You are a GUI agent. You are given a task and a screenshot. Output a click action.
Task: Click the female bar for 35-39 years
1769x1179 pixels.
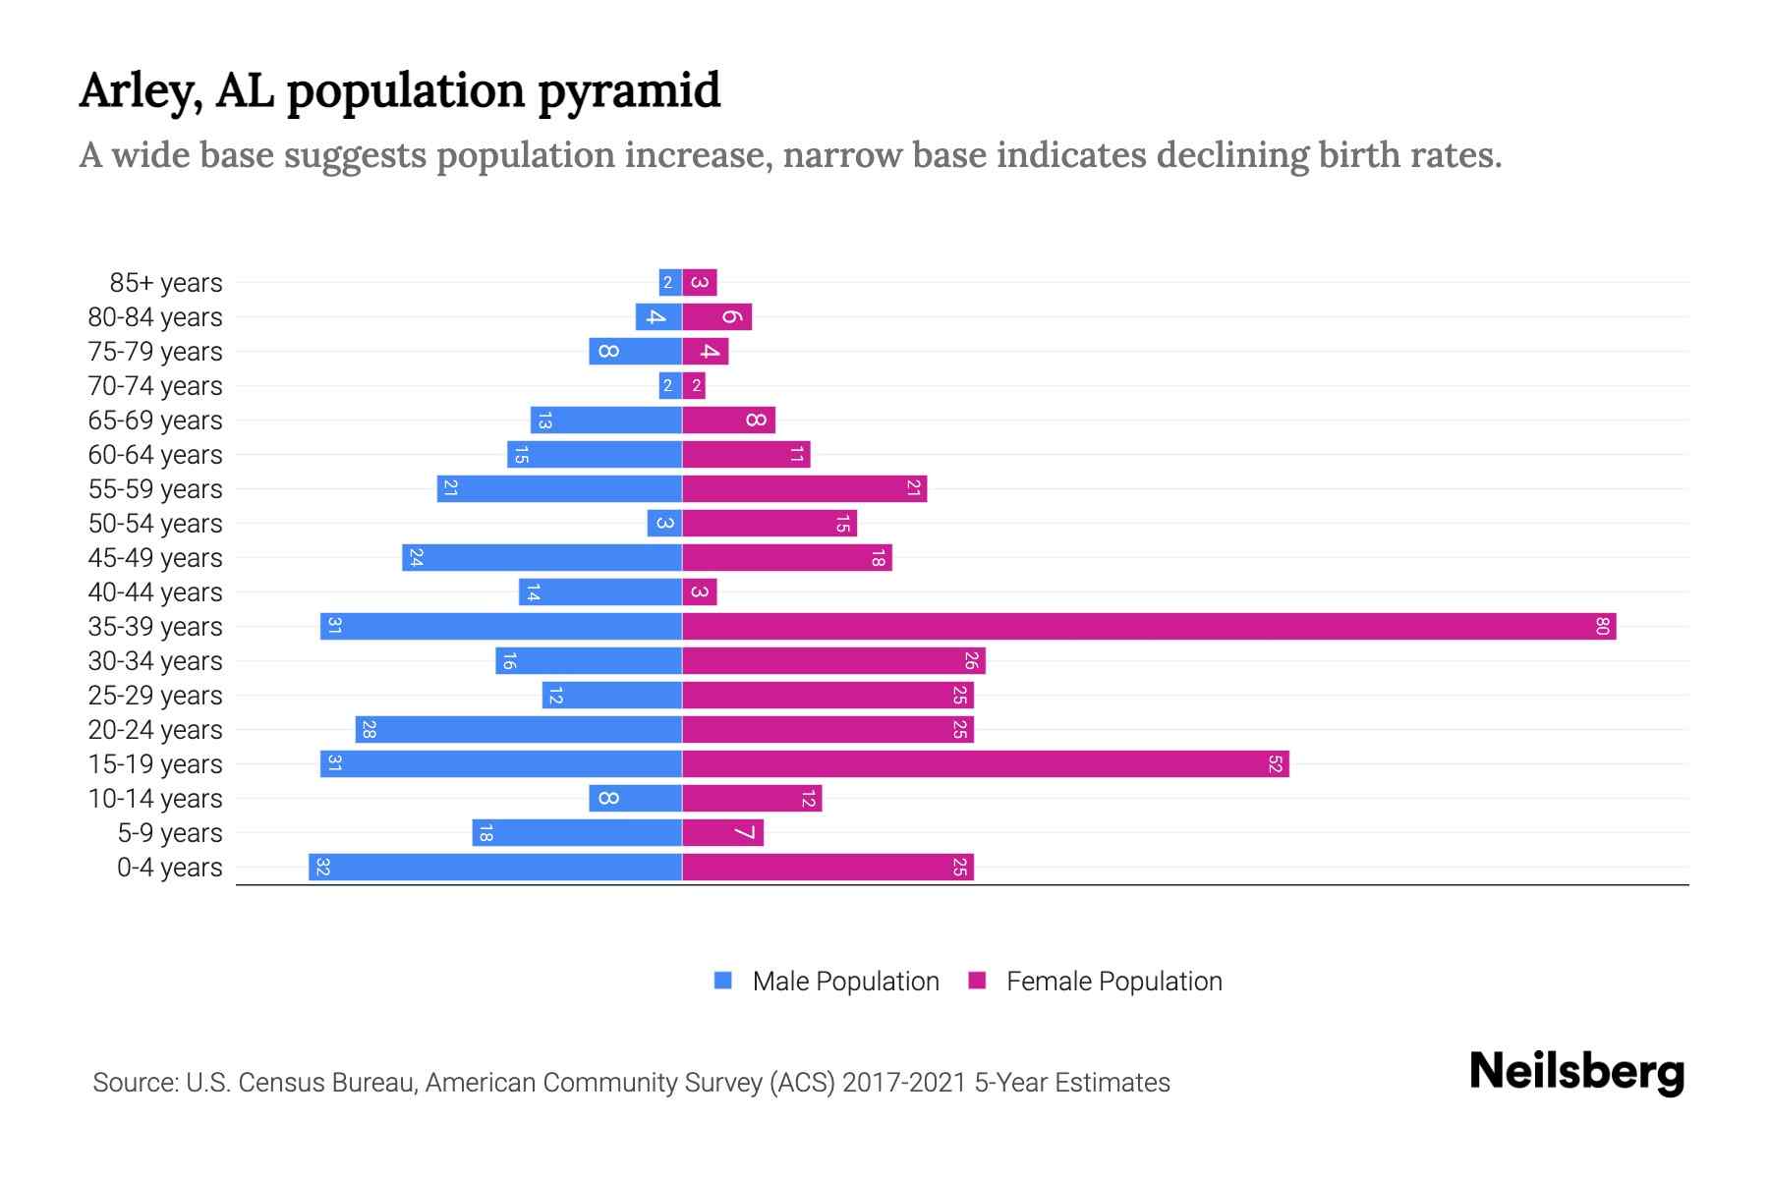(x=1148, y=626)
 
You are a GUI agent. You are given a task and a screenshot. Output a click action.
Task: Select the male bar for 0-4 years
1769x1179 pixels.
(x=495, y=867)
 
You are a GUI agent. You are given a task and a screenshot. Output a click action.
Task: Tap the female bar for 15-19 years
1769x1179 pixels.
(x=985, y=763)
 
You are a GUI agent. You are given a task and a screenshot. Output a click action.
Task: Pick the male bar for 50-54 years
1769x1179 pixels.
(x=664, y=523)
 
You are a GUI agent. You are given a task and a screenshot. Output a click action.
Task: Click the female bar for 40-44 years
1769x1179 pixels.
(x=700, y=591)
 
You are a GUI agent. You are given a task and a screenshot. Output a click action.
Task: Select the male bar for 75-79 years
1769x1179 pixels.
(x=636, y=351)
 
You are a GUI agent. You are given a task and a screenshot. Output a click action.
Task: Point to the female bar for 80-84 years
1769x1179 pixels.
(x=717, y=316)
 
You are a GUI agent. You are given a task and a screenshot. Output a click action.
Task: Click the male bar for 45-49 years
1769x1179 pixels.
(x=542, y=557)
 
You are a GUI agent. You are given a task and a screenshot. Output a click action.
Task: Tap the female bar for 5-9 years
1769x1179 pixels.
(x=723, y=832)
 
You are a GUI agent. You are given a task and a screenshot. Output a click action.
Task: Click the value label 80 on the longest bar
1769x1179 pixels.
(x=1602, y=626)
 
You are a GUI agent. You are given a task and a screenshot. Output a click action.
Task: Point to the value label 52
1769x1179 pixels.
(x=1275, y=763)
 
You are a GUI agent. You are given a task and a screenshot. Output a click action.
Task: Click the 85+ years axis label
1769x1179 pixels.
(x=165, y=283)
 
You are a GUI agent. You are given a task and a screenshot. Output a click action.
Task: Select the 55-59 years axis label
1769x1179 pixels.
(x=155, y=489)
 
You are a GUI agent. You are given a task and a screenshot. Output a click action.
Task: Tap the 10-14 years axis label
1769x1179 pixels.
(x=155, y=799)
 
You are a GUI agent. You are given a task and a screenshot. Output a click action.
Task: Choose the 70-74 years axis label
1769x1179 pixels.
(x=155, y=386)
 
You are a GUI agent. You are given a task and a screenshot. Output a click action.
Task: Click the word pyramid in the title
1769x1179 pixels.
(x=629, y=90)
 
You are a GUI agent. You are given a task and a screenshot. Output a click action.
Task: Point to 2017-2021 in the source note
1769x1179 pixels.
(x=903, y=1083)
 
